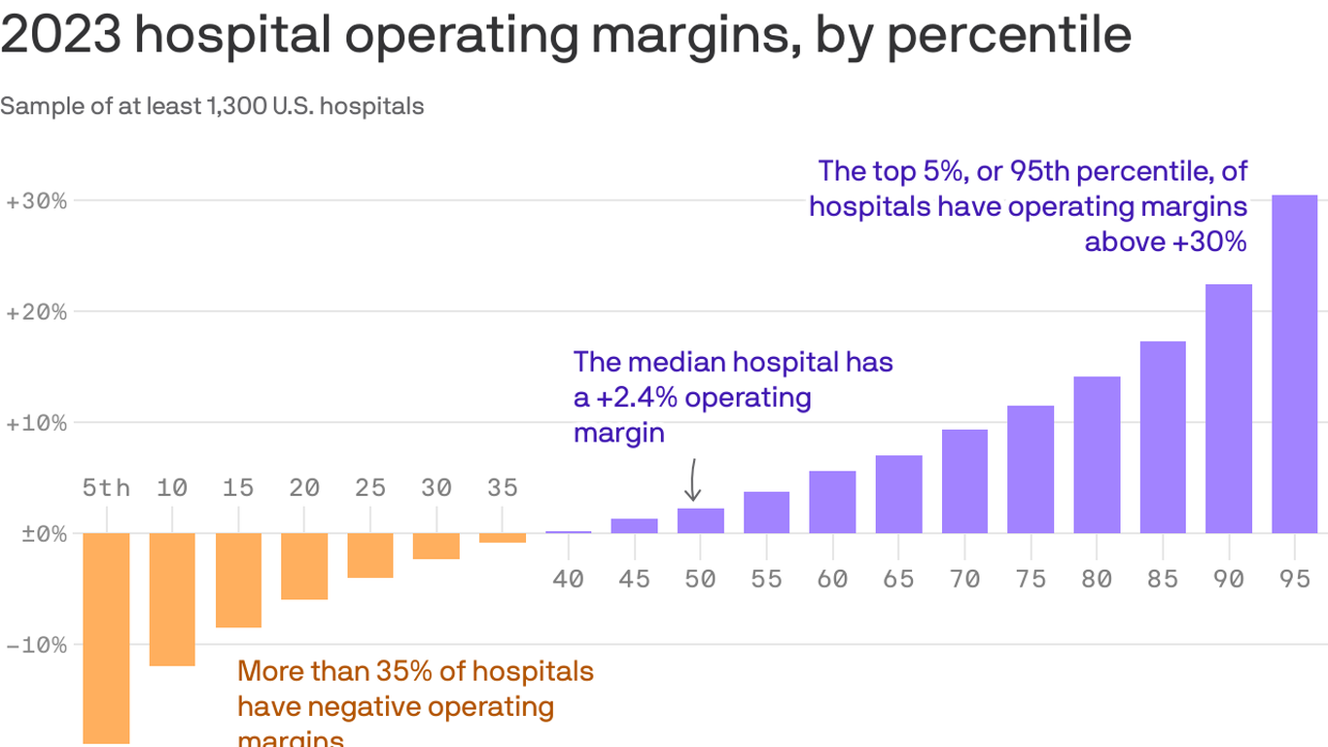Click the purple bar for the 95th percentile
coord(1294,364)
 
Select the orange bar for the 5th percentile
coord(106,637)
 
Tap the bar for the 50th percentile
coord(700,520)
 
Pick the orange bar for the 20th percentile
coord(304,566)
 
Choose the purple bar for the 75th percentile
coord(1031,469)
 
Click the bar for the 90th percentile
coord(1228,409)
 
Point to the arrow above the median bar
coord(692,480)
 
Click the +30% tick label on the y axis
coord(36,201)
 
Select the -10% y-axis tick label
coord(36,645)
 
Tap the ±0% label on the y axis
coord(36,534)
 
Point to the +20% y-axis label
coord(36,312)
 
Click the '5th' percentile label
coord(106,487)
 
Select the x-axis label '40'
coord(568,579)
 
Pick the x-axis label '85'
coord(1163,579)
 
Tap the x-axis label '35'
coord(503,487)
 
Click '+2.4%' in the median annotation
coord(632,397)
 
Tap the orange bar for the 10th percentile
coord(172,599)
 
